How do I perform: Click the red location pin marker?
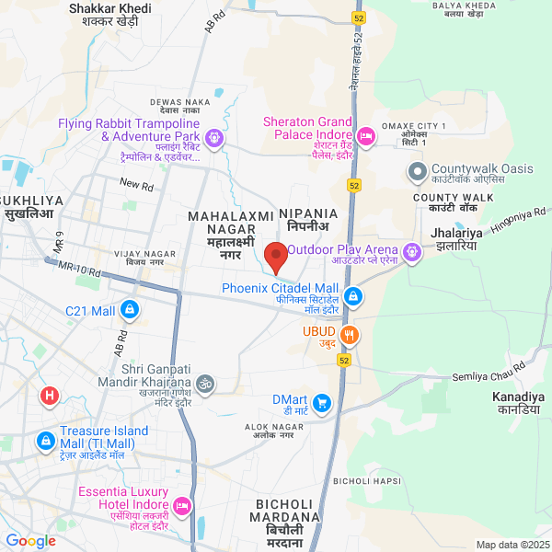[x=275, y=257]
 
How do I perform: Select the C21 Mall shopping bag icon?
[x=130, y=311]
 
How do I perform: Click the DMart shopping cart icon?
[x=321, y=401]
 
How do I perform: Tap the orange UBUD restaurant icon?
[x=349, y=333]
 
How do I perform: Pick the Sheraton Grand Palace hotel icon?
[x=365, y=136]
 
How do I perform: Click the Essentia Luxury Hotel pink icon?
[x=182, y=505]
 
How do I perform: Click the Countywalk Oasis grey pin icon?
[x=417, y=170]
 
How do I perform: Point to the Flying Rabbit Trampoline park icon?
[x=214, y=139]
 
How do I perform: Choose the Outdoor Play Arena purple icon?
[x=411, y=250]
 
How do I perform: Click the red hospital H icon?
[x=50, y=396]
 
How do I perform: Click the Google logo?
[x=30, y=541]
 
